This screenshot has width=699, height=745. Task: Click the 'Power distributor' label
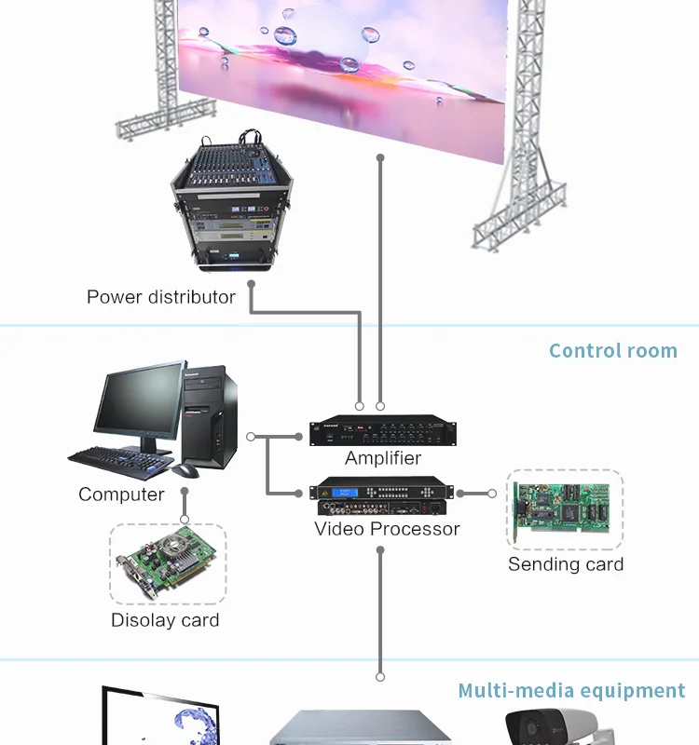[160, 297]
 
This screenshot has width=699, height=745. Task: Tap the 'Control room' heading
[612, 351]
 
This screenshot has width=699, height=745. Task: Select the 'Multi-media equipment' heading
[571, 691]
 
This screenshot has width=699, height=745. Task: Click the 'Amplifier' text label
[383, 458]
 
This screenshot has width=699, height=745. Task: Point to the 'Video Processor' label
[387, 529]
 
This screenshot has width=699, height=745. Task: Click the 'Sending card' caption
[566, 564]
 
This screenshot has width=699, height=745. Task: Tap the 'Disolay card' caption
[165, 620]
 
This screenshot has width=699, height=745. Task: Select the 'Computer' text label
[121, 494]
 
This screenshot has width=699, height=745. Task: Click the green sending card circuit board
[565, 510]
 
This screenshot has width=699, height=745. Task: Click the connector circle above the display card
[185, 519]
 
